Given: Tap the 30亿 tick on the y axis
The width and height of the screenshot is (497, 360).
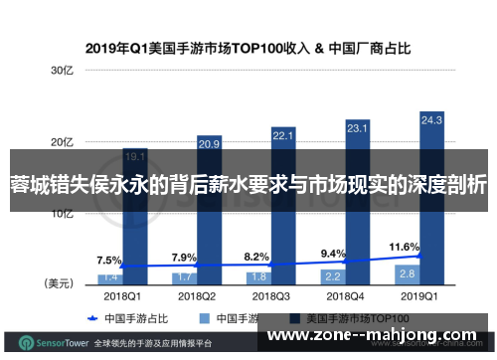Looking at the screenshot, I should click(x=63, y=71).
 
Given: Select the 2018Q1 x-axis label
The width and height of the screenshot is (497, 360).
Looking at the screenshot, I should click(x=122, y=295).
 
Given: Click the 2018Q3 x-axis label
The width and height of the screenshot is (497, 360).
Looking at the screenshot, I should click(x=270, y=295).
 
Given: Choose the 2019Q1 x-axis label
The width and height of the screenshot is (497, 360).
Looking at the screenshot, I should click(x=418, y=295).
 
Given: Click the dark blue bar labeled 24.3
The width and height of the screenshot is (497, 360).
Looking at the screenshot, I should click(x=431, y=189).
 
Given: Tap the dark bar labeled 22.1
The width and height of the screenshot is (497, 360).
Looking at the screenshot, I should click(x=283, y=199).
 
